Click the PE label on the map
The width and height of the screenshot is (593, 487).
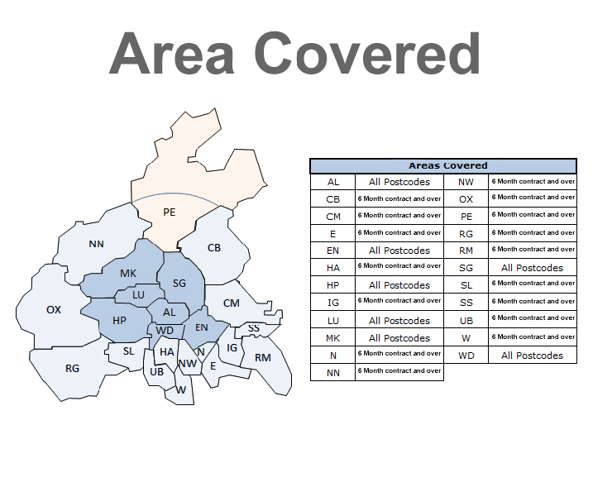coord(170,212)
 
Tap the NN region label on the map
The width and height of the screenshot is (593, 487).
coord(98,245)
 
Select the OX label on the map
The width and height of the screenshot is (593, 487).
coord(54,310)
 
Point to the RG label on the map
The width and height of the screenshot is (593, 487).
coord(72,369)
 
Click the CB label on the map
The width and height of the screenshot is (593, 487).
coord(214,248)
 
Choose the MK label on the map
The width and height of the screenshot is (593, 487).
coord(128,274)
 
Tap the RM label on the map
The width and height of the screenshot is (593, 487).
coord(263,358)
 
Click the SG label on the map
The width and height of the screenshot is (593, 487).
coord(179,284)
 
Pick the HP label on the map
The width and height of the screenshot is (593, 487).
coord(119,320)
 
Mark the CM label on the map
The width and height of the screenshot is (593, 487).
coord(232,303)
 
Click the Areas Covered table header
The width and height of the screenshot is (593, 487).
coord(442,166)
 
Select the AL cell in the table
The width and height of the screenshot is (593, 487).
coord(333,182)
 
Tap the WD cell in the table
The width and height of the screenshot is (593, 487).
coord(466,356)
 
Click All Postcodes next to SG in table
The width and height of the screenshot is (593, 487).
coord(532,268)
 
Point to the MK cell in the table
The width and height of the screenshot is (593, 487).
coord(333,338)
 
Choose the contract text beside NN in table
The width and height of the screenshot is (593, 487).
coord(399,371)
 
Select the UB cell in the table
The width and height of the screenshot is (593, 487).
coord(466,319)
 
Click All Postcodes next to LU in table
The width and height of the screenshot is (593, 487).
coord(399,321)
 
